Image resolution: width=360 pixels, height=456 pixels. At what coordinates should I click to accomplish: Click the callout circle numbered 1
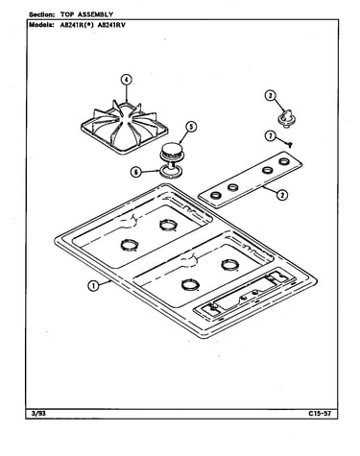[x=93, y=285]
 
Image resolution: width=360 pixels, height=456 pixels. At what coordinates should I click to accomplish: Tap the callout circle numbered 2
[x=282, y=195]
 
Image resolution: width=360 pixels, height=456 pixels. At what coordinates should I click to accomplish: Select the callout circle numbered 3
[x=271, y=96]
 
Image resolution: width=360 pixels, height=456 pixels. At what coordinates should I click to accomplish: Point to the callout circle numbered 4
[x=127, y=80]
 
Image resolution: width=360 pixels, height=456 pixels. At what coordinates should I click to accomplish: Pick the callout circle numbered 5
[x=191, y=127]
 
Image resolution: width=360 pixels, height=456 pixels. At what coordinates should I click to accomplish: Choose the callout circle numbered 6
[x=136, y=172]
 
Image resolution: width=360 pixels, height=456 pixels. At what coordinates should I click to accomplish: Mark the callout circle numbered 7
[x=271, y=136]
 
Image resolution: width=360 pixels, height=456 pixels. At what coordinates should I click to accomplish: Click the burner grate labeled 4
[x=125, y=127]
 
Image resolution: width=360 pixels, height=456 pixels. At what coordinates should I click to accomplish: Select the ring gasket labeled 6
[x=169, y=171]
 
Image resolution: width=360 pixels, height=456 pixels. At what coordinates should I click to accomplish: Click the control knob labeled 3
[x=286, y=117]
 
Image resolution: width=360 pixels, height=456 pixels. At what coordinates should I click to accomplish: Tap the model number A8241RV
[x=111, y=25]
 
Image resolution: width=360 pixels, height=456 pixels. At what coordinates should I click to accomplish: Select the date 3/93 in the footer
[x=38, y=413]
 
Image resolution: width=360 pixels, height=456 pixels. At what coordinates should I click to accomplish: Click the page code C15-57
[x=320, y=413]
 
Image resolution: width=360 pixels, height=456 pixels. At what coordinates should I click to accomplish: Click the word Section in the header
[x=41, y=14]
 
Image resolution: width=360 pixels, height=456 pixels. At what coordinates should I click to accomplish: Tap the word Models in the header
[x=41, y=25]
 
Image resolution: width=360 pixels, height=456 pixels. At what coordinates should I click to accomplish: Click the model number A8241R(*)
[x=77, y=25]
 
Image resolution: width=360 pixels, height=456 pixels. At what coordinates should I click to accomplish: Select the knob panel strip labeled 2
[x=250, y=180]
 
